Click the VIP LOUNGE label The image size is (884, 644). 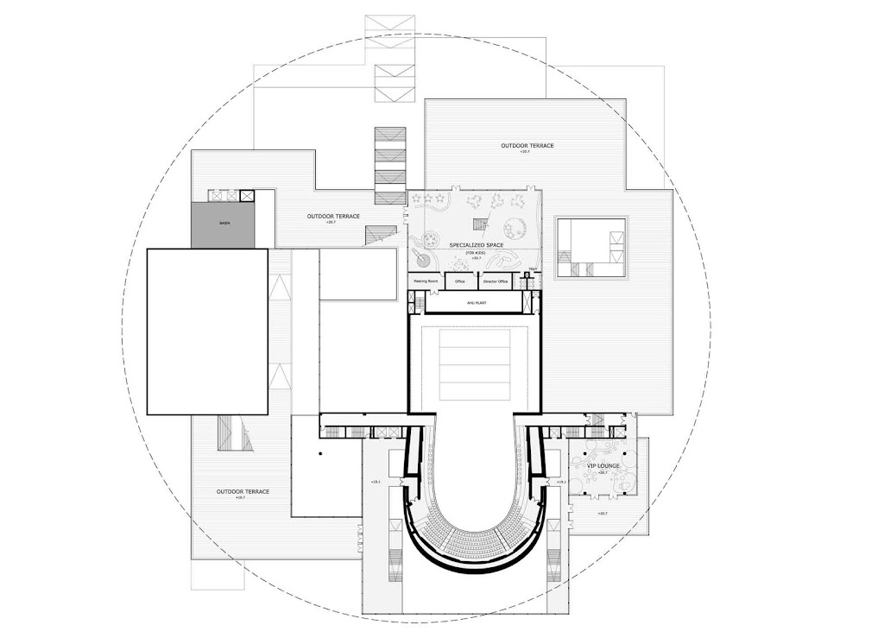click(604, 466)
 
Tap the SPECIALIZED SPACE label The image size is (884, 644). click(470, 245)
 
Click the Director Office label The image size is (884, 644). click(496, 281)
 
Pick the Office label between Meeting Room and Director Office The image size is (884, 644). click(460, 281)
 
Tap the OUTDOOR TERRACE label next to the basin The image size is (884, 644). click(333, 216)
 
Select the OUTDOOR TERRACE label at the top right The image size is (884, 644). click(527, 146)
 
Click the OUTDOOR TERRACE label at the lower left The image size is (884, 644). click(243, 491)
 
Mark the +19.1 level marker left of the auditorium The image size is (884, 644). click(376, 482)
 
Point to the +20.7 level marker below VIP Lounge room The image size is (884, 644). click(602, 514)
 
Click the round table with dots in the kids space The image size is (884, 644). click(516, 228)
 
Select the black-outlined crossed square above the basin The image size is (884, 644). click(248, 196)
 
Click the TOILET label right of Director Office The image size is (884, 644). click(533, 269)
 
